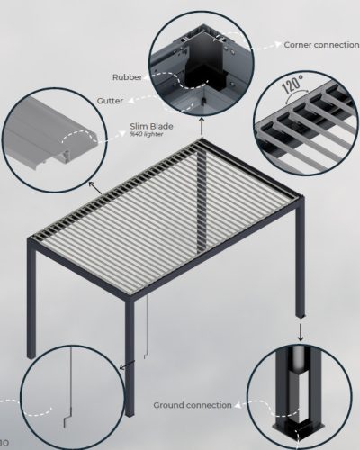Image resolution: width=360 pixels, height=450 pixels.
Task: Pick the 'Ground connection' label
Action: pos(193,405)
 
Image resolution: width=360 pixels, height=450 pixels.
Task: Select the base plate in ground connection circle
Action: pos(296,433)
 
